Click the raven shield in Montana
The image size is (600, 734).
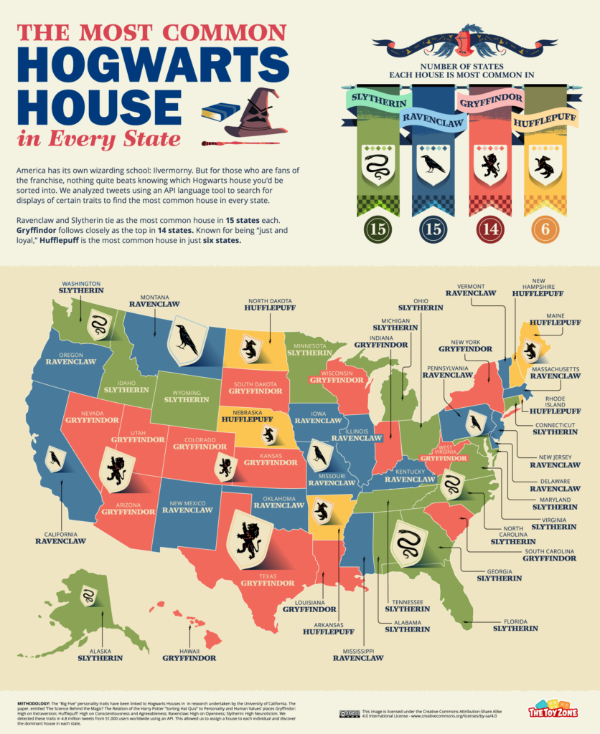point(187,340)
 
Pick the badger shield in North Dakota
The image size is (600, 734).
point(250,349)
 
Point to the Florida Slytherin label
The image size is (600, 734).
point(515,624)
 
